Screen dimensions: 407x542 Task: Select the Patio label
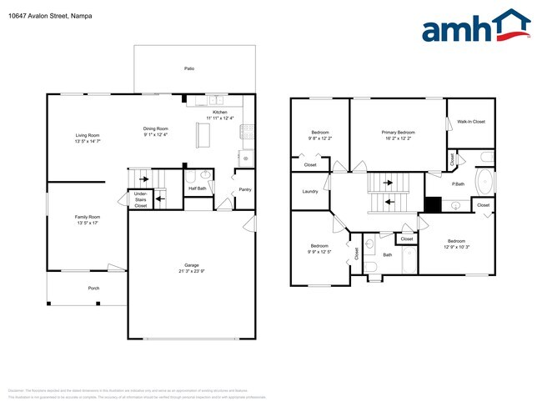pyautogui.click(x=190, y=68)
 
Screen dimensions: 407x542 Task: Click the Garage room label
pyautogui.click(x=192, y=266)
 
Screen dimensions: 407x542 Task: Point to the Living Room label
pyautogui.click(x=88, y=135)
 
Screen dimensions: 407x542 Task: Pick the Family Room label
pyautogui.click(x=88, y=217)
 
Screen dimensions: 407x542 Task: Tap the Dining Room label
pyautogui.click(x=156, y=128)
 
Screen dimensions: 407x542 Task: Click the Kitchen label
pyautogui.click(x=219, y=112)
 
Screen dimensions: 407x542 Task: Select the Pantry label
pyautogui.click(x=245, y=189)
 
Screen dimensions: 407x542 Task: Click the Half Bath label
pyautogui.click(x=198, y=188)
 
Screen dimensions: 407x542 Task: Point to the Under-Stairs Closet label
pyautogui.click(x=141, y=199)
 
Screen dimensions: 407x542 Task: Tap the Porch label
pyautogui.click(x=93, y=289)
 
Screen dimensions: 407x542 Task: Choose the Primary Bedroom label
pyautogui.click(x=398, y=133)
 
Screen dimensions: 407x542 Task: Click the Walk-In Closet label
pyautogui.click(x=471, y=122)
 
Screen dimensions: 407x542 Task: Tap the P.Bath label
pyautogui.click(x=458, y=183)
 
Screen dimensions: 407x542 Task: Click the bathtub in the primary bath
pyautogui.click(x=484, y=181)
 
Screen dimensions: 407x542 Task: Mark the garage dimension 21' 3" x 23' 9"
pyautogui.click(x=192, y=272)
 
